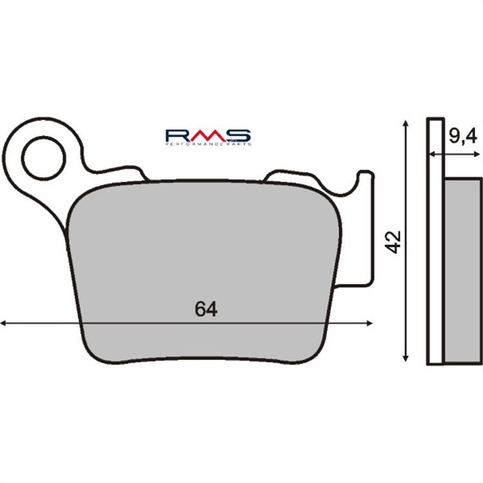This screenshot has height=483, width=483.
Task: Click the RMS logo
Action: (208, 136)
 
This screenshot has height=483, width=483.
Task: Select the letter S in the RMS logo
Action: (239, 135)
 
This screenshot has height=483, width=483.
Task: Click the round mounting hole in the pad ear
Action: (44, 158)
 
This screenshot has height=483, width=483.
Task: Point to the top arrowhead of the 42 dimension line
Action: (405, 123)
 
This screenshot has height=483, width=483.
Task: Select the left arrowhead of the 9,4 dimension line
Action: (432, 155)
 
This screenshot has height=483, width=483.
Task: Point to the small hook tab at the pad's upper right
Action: (364, 177)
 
